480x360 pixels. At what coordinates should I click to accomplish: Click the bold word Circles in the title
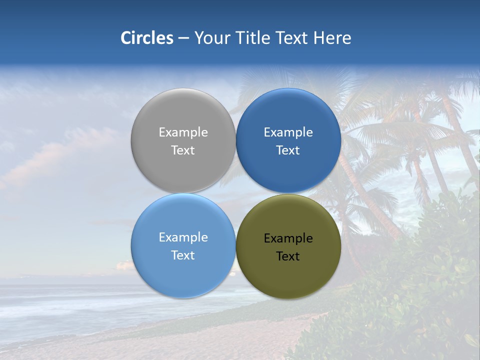tap(146, 38)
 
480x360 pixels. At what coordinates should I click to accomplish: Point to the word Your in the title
tap(210, 38)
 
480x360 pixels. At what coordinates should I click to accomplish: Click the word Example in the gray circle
tap(183, 132)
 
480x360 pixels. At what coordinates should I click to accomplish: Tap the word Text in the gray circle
tap(183, 150)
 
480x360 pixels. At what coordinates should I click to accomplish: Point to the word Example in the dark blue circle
tap(288, 132)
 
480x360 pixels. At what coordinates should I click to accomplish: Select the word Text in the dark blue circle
tap(288, 150)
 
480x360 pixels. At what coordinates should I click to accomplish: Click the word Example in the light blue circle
tap(183, 237)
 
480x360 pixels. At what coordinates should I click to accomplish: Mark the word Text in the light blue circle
tap(183, 255)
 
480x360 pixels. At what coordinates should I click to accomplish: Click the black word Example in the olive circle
tap(288, 238)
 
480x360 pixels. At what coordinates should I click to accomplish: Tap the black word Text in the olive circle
tap(288, 256)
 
